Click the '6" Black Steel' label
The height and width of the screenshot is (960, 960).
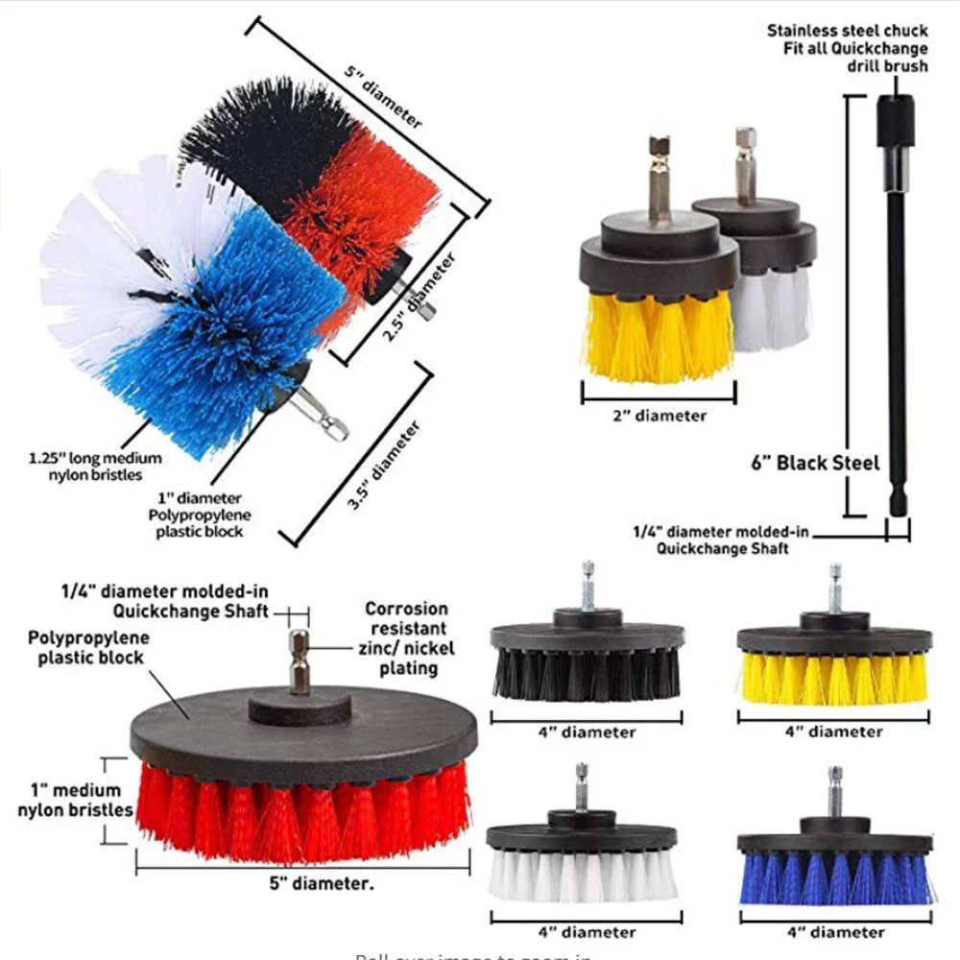[x=815, y=463]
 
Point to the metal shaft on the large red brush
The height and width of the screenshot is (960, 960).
[x=300, y=662]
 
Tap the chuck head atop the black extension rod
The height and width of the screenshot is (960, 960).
[x=896, y=120]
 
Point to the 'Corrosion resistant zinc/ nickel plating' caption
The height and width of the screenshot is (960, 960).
[x=406, y=637]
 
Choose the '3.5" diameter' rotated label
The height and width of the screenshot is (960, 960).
[x=383, y=467]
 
